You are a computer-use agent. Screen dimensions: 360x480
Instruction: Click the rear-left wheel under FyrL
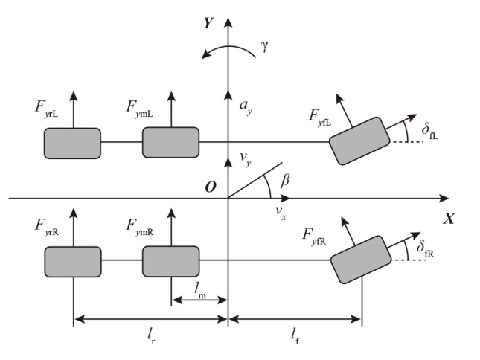point(72,143)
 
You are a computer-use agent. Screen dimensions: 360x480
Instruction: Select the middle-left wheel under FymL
point(170,142)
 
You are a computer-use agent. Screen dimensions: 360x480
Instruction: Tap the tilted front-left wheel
point(359,141)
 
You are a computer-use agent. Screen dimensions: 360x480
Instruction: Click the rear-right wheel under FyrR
point(72,261)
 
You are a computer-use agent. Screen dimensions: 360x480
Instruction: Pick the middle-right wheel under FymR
point(170,261)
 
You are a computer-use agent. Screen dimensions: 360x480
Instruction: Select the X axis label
point(449,219)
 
